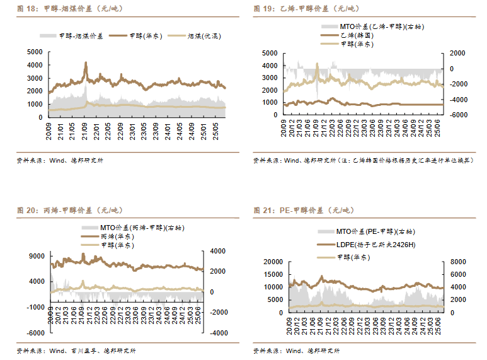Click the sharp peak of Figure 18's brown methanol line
pos(86,63)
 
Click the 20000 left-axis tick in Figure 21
pos(275,261)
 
